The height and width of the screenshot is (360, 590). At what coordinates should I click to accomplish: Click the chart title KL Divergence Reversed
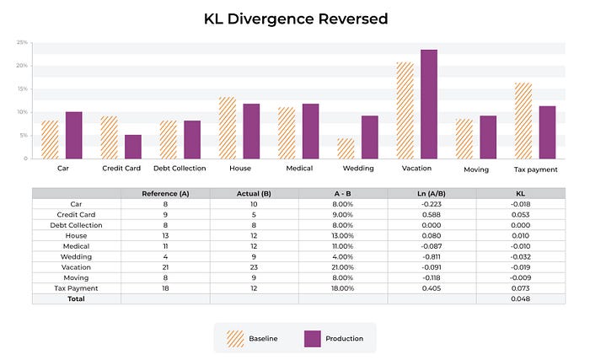[295, 19]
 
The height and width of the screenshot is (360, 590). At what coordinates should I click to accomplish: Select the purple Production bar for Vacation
[429, 104]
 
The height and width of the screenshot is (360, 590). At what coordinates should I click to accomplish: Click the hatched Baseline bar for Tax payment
[523, 121]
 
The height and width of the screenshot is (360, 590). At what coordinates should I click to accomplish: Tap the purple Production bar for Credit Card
[133, 147]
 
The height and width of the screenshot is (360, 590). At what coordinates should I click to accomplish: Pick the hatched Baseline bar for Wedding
[346, 148]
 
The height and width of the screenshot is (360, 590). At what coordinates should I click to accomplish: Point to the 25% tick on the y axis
[23, 41]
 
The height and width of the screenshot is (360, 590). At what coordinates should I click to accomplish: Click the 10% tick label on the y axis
[23, 112]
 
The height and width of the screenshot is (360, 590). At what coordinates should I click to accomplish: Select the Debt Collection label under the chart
[180, 169]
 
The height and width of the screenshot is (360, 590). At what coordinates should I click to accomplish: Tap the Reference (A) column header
[165, 194]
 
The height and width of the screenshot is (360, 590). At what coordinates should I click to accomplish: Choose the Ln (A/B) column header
[432, 194]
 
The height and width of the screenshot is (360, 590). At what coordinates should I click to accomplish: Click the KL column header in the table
[520, 194]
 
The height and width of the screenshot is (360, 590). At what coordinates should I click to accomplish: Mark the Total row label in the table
[77, 299]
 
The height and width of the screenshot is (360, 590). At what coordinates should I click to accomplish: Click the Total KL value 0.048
[520, 299]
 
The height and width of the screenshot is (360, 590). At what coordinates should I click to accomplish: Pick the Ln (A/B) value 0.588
[432, 215]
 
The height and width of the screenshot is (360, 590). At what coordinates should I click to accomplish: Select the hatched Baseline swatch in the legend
[235, 338]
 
